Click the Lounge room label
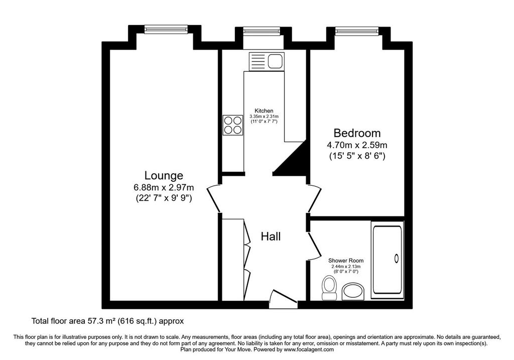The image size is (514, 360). click(164, 175)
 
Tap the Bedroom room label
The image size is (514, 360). click(357, 133)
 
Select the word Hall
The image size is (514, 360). click(271, 236)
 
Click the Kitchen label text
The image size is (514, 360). click(264, 111)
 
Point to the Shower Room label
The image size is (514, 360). click(346, 261)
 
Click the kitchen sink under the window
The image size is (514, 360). click(267, 61)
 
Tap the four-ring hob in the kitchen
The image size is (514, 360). click(233, 125)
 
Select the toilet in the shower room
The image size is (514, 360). click(329, 288)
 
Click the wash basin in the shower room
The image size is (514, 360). click(352, 292)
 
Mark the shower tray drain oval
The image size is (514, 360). click(397, 259)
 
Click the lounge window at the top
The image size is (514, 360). click(166, 30)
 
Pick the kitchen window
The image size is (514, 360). click(262, 30)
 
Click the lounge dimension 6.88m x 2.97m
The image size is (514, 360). click(164, 188)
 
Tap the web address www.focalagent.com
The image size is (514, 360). click(309, 349)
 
